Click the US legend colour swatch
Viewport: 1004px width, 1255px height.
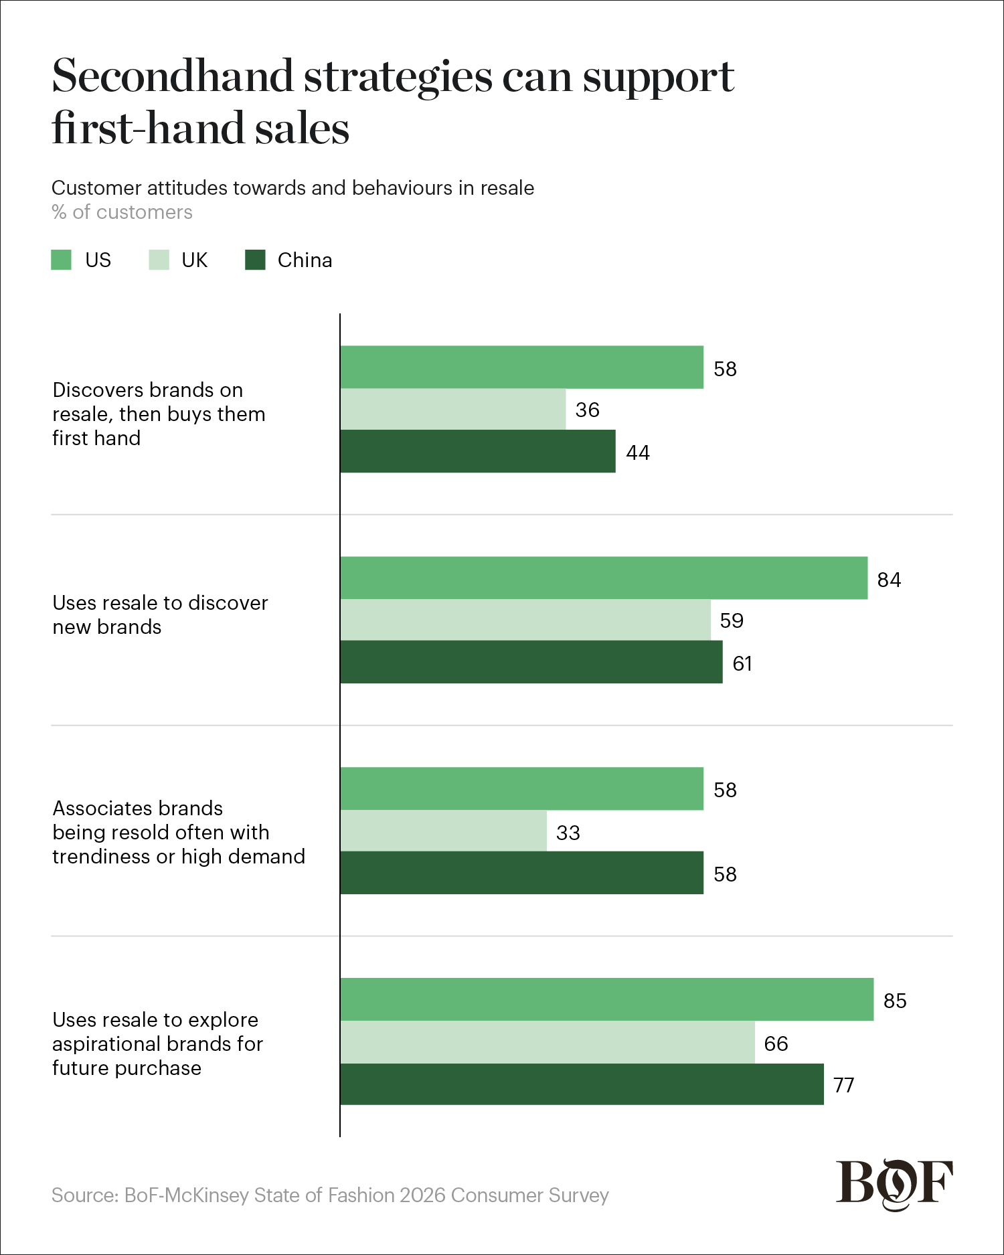click(61, 260)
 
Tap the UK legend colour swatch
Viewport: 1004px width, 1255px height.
click(159, 260)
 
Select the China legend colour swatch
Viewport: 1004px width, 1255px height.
click(255, 260)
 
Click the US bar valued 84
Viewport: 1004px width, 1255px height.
click(604, 578)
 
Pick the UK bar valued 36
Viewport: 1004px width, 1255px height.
click(453, 409)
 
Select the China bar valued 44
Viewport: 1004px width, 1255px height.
click(478, 451)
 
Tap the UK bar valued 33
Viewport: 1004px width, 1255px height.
click(443, 831)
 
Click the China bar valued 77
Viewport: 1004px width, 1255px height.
click(582, 1084)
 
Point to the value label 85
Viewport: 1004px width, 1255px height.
click(895, 1001)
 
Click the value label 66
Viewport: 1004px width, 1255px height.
click(776, 1043)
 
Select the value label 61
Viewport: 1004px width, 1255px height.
click(742, 663)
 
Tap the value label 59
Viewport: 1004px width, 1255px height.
click(732, 620)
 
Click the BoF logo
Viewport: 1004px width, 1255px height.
click(894, 1184)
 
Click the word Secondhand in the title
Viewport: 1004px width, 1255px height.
click(173, 76)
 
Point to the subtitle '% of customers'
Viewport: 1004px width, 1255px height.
click(122, 212)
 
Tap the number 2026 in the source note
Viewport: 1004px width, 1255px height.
click(422, 1195)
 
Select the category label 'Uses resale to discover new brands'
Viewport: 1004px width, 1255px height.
click(160, 614)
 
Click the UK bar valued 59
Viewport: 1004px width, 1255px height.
click(525, 620)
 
